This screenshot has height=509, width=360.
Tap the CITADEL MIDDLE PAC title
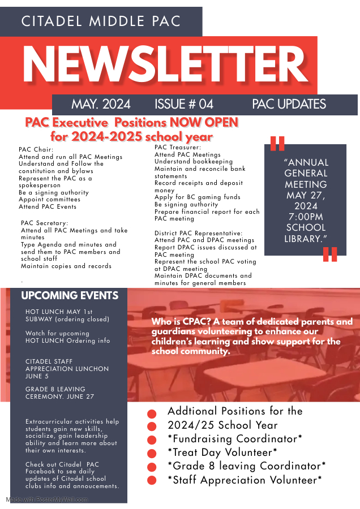101,21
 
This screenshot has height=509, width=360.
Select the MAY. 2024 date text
101,104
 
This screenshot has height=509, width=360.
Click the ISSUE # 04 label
184,104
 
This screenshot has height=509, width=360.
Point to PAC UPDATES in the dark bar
289,104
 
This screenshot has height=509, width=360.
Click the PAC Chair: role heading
36,150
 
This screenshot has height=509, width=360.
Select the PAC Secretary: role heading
44,223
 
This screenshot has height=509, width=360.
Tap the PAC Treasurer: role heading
178,148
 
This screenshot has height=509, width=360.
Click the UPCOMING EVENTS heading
70,296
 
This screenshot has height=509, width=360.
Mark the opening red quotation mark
277,144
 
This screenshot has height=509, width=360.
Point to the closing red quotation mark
330,255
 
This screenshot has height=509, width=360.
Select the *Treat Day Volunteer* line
222,452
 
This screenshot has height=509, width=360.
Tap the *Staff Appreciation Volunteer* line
245,480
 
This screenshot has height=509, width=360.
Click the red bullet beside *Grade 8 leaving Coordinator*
151,467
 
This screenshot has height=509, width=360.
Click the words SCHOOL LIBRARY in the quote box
306,233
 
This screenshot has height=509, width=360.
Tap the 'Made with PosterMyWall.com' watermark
47,499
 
